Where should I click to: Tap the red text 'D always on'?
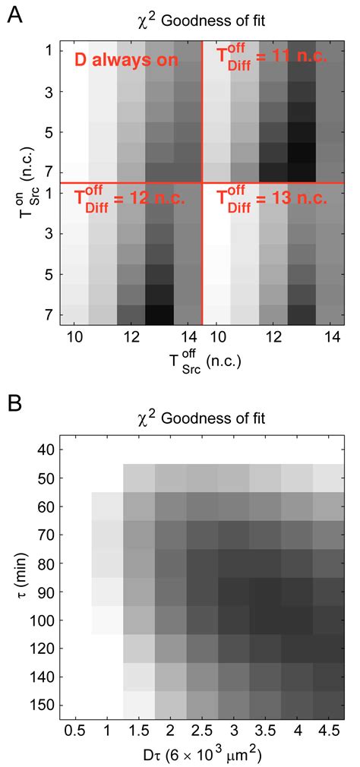coord(124,60)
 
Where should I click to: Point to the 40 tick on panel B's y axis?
coord(44,450)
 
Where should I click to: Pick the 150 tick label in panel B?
coord(41,703)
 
